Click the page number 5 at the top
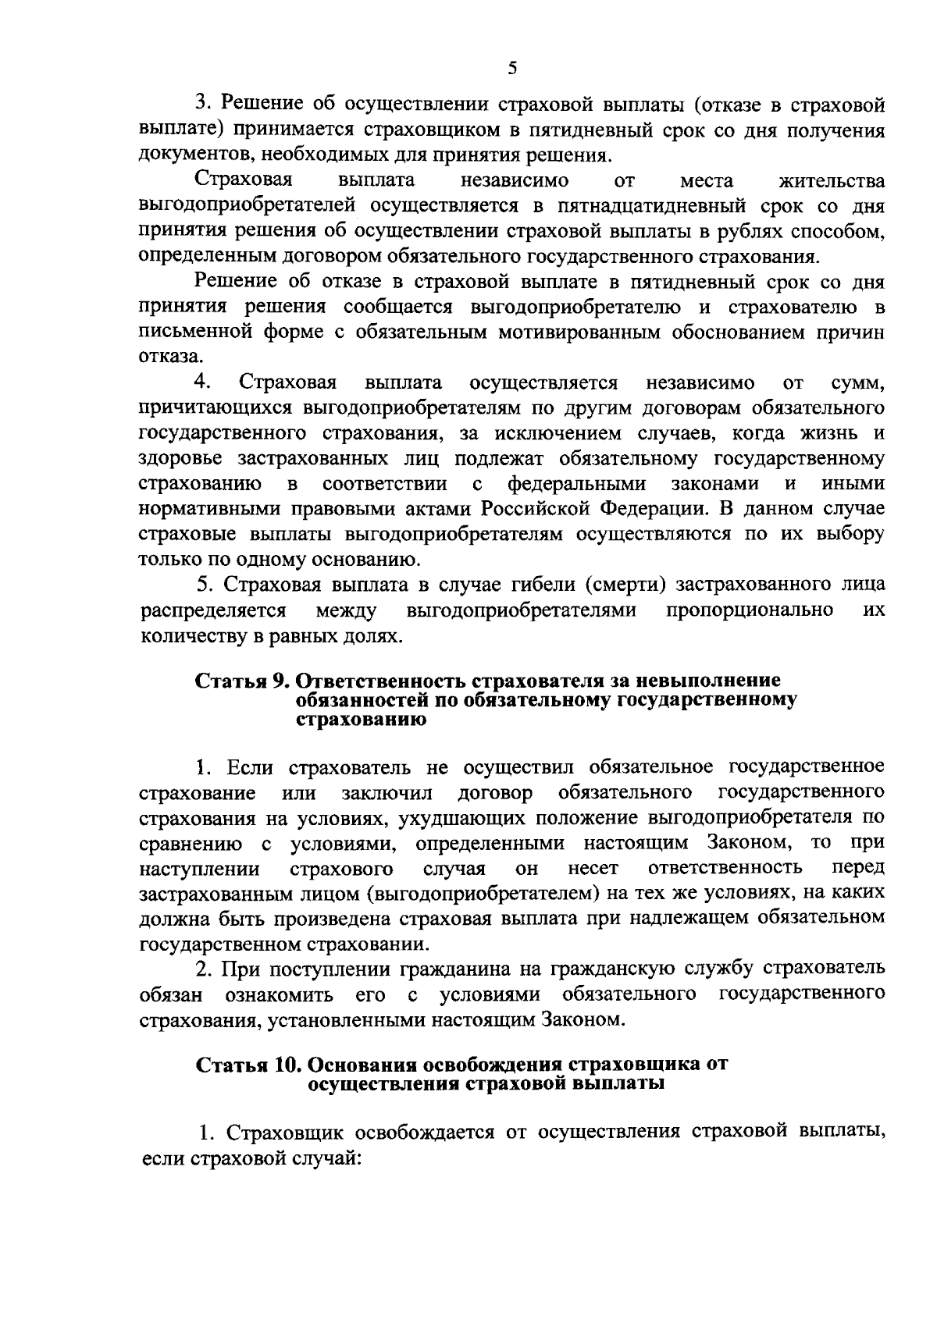pyautogui.click(x=512, y=68)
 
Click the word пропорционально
pyautogui.click(x=750, y=610)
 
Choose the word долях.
pyautogui.click(x=372, y=635)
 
